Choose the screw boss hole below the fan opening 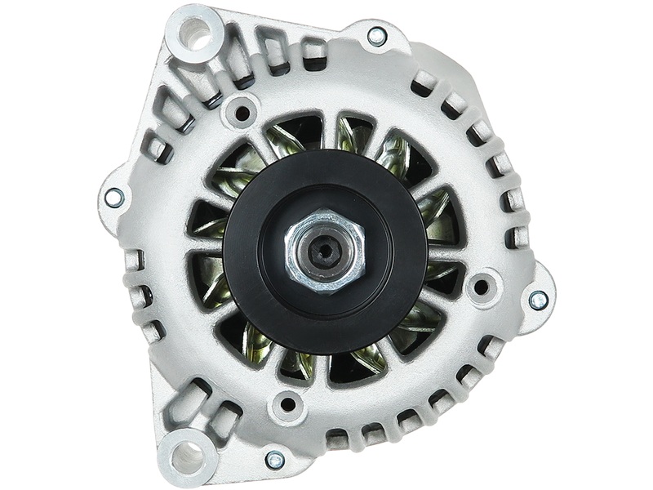[287, 400]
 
